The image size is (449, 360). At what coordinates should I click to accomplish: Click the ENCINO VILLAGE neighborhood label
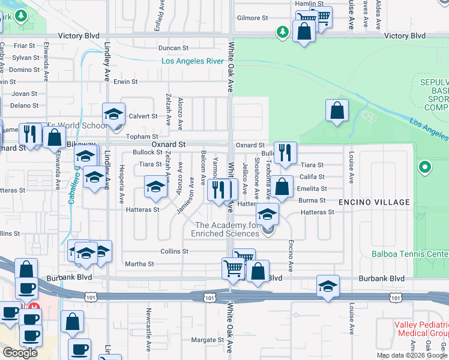[x=374, y=202]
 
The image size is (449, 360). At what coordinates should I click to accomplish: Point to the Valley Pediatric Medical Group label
[x=421, y=329]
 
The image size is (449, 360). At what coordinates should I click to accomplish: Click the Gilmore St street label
[x=252, y=18]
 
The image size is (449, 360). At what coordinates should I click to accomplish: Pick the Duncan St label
[x=173, y=48]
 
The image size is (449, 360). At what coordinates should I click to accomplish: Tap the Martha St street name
[x=139, y=263]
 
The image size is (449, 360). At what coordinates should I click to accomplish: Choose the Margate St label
[x=207, y=340]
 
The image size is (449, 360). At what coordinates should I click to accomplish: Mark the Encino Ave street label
[x=291, y=256]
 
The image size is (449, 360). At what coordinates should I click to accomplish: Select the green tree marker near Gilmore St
[x=282, y=32]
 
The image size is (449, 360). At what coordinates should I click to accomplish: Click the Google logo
[x=20, y=353]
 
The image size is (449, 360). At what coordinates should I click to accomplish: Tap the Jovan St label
[x=25, y=94]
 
